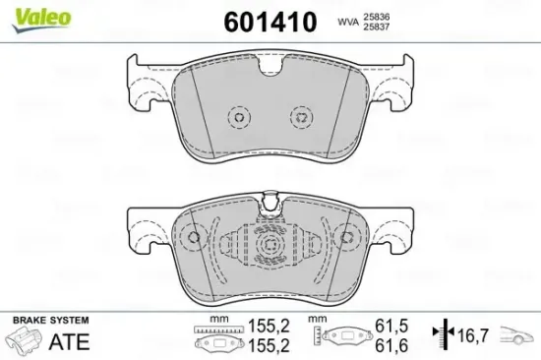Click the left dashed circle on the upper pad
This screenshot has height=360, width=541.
click(236, 117)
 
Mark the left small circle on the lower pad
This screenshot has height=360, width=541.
click(194, 238)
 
